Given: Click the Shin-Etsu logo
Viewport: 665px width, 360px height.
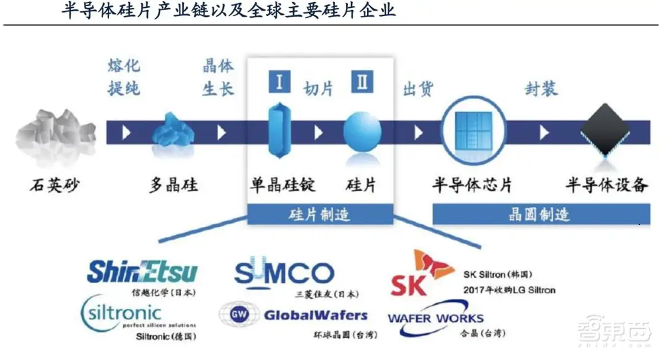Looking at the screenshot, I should click(x=142, y=271).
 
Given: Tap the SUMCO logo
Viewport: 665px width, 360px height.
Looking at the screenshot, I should click(x=284, y=273).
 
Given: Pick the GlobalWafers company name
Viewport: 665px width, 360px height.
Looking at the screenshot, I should click(x=316, y=315).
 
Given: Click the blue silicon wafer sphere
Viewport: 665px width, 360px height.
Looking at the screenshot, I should click(x=362, y=133).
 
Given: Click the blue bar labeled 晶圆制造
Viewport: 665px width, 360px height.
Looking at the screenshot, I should click(x=541, y=214).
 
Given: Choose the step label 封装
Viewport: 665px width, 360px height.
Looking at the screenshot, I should click(x=541, y=89).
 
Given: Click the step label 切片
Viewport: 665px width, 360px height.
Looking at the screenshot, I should click(x=319, y=89).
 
